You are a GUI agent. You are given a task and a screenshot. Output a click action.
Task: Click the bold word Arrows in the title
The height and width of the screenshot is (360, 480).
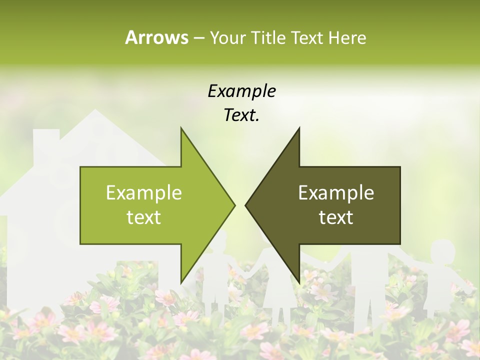[156, 37]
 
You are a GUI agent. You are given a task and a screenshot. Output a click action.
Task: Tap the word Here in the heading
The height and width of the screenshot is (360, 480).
[347, 37]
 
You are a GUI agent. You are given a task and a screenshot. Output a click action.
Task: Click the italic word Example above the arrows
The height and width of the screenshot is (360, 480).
[241, 91]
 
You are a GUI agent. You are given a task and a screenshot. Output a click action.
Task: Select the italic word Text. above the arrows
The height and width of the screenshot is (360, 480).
[241, 115]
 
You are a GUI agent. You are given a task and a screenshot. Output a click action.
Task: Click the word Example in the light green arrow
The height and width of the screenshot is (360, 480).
[144, 192]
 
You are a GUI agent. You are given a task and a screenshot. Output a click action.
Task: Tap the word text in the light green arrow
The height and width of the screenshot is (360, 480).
[144, 217]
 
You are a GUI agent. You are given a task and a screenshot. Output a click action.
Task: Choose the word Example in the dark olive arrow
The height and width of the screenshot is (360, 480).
[336, 192]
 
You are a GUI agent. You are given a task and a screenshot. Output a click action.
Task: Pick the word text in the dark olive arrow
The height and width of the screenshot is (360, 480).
[336, 217]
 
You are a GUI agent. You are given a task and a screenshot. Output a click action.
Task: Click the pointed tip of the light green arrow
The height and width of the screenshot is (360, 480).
[234, 205]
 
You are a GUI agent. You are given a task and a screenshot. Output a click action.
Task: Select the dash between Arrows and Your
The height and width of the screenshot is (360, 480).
[198, 38]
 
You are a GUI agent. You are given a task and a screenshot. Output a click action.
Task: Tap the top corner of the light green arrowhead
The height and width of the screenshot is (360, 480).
[181, 129]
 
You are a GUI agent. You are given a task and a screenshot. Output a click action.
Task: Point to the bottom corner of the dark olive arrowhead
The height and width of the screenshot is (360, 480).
[299, 281]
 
